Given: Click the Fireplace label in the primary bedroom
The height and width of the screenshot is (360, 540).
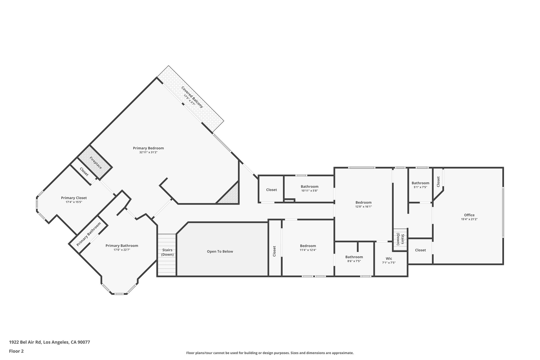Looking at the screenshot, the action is pos(96,163).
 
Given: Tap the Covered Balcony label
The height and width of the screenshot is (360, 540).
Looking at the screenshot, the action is pos(192,97).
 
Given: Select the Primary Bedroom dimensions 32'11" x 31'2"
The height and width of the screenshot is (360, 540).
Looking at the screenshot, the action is pos(148,152).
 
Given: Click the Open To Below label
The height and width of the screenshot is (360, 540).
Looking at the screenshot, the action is pos(220,251).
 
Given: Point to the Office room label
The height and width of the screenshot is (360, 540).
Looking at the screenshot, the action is pos(469,215).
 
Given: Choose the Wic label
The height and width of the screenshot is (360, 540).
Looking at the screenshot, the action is pos(389,258).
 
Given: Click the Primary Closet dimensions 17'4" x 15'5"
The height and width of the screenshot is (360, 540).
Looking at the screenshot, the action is pos(74,202).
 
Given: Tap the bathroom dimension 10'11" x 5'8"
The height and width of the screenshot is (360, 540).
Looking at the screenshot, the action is pos(309,191).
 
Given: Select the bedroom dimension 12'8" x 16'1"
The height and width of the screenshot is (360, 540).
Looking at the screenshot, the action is pos(363,206).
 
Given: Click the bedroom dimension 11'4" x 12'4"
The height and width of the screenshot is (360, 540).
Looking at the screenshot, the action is pos(308,250).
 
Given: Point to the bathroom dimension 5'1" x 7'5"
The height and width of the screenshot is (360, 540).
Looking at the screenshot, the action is pos(420,187).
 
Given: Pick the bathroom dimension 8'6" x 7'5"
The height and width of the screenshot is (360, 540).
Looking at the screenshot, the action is pos(354,261).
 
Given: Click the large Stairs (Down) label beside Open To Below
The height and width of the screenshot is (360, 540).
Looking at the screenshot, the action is pos(167,252).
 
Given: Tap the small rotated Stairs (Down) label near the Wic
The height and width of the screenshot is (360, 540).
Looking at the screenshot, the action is pos(400,239).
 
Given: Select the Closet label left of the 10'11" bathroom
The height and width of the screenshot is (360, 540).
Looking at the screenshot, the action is pos(271,190).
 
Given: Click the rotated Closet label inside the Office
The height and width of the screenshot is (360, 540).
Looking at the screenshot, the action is pos(438,182).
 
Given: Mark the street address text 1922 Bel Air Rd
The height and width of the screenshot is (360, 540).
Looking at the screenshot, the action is pos(25,342).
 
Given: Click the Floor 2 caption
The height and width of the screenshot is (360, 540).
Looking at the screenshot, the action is pos(16,351).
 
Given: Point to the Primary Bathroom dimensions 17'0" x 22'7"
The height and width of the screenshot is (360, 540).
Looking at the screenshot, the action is pos(121,250).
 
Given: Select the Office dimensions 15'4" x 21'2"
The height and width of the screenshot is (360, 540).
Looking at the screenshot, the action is pos(469,219).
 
